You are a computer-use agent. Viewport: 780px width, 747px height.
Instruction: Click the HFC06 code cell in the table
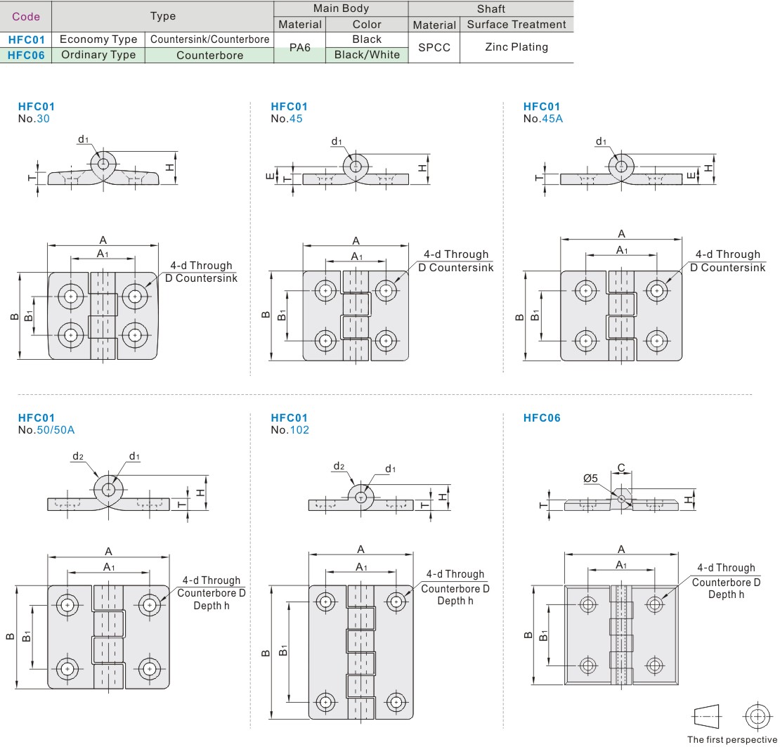coord(27,55)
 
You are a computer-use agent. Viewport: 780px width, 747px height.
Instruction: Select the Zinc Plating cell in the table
coord(516,47)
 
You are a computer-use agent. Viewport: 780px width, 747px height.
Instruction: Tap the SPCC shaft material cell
coord(434,47)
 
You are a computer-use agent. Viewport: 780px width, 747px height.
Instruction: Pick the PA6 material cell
coord(299,47)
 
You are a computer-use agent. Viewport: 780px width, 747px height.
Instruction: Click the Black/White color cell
coord(366,55)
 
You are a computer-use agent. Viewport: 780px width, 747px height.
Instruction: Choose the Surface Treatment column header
coord(516,25)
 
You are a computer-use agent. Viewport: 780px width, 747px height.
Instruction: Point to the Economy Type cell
coord(98,39)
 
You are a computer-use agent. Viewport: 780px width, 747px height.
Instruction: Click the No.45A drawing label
coord(543,119)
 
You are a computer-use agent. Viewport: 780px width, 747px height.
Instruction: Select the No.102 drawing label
coord(290,430)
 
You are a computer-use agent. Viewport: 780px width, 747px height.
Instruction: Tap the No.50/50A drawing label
coord(46,430)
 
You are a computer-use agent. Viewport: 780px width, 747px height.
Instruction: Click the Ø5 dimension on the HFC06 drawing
coord(590,479)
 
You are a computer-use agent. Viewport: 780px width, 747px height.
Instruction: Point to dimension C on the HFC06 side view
coord(621,468)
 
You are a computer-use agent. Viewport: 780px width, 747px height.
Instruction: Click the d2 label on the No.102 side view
coord(339,466)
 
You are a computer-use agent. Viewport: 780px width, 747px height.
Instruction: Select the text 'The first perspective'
coord(732,739)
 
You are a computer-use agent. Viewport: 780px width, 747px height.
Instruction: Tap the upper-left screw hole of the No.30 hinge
coord(70,296)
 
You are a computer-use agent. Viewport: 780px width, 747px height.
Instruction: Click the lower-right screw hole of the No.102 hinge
coord(396,701)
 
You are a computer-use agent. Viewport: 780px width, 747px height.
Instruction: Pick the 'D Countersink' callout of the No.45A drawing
coord(727,268)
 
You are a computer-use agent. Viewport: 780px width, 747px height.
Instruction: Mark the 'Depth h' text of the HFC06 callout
coord(726,595)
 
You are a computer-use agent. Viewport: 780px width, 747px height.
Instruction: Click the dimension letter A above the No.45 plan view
coord(356,240)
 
